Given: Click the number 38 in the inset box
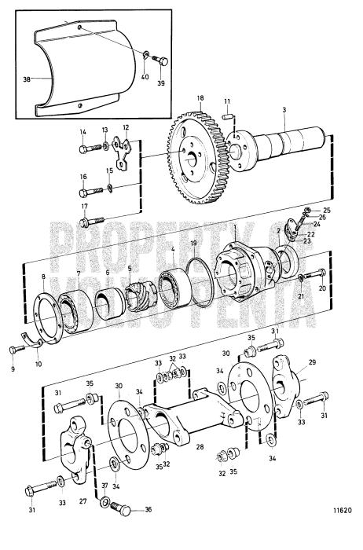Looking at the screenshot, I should coord(26,79).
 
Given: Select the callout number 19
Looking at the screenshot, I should coord(192,244).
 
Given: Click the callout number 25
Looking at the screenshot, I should coord(327,211).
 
